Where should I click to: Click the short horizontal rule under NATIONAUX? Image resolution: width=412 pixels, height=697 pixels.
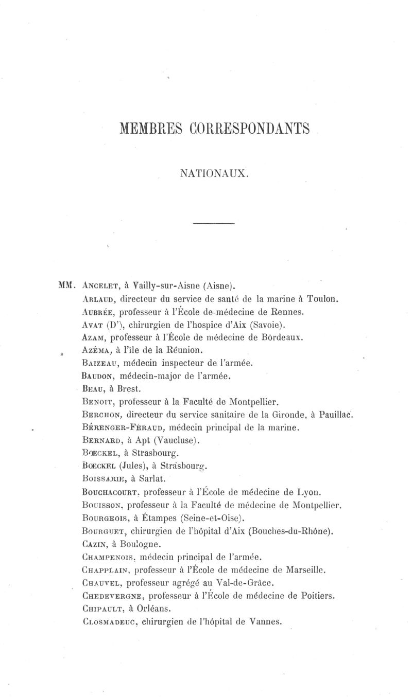(x=213, y=223)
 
